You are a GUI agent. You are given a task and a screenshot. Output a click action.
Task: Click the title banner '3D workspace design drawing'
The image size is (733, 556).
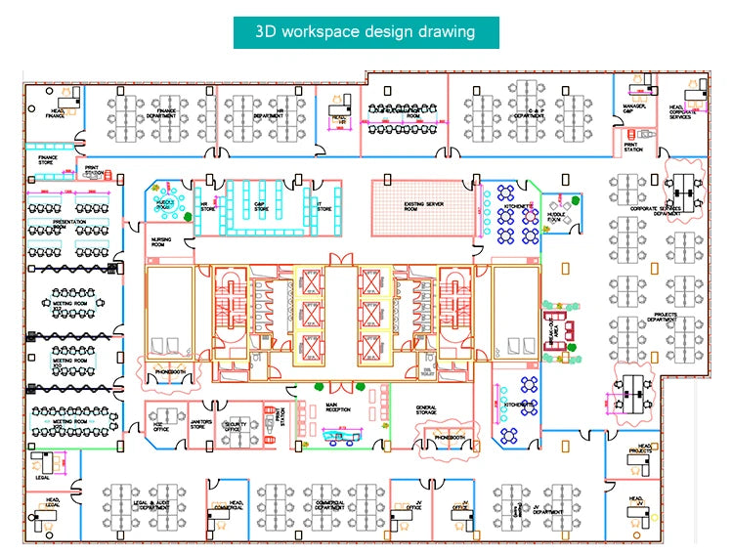point(366,31)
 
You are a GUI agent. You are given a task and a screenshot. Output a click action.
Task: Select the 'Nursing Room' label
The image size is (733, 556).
point(161,241)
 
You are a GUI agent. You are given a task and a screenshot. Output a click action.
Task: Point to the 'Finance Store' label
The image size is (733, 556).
point(48,158)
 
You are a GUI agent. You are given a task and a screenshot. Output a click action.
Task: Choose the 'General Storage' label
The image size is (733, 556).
point(426,410)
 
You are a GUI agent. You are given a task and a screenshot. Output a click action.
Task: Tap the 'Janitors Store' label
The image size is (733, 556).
point(200,425)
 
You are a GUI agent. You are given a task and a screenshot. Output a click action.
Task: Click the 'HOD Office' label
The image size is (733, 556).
point(161,426)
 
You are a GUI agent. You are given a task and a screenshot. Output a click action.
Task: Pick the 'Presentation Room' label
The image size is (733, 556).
point(69,224)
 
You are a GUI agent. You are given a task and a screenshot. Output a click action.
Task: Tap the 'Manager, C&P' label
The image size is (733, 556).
point(634,110)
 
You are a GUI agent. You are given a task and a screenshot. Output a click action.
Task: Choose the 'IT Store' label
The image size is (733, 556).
point(324,208)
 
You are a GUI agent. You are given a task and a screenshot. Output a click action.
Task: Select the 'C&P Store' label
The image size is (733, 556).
point(261,208)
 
